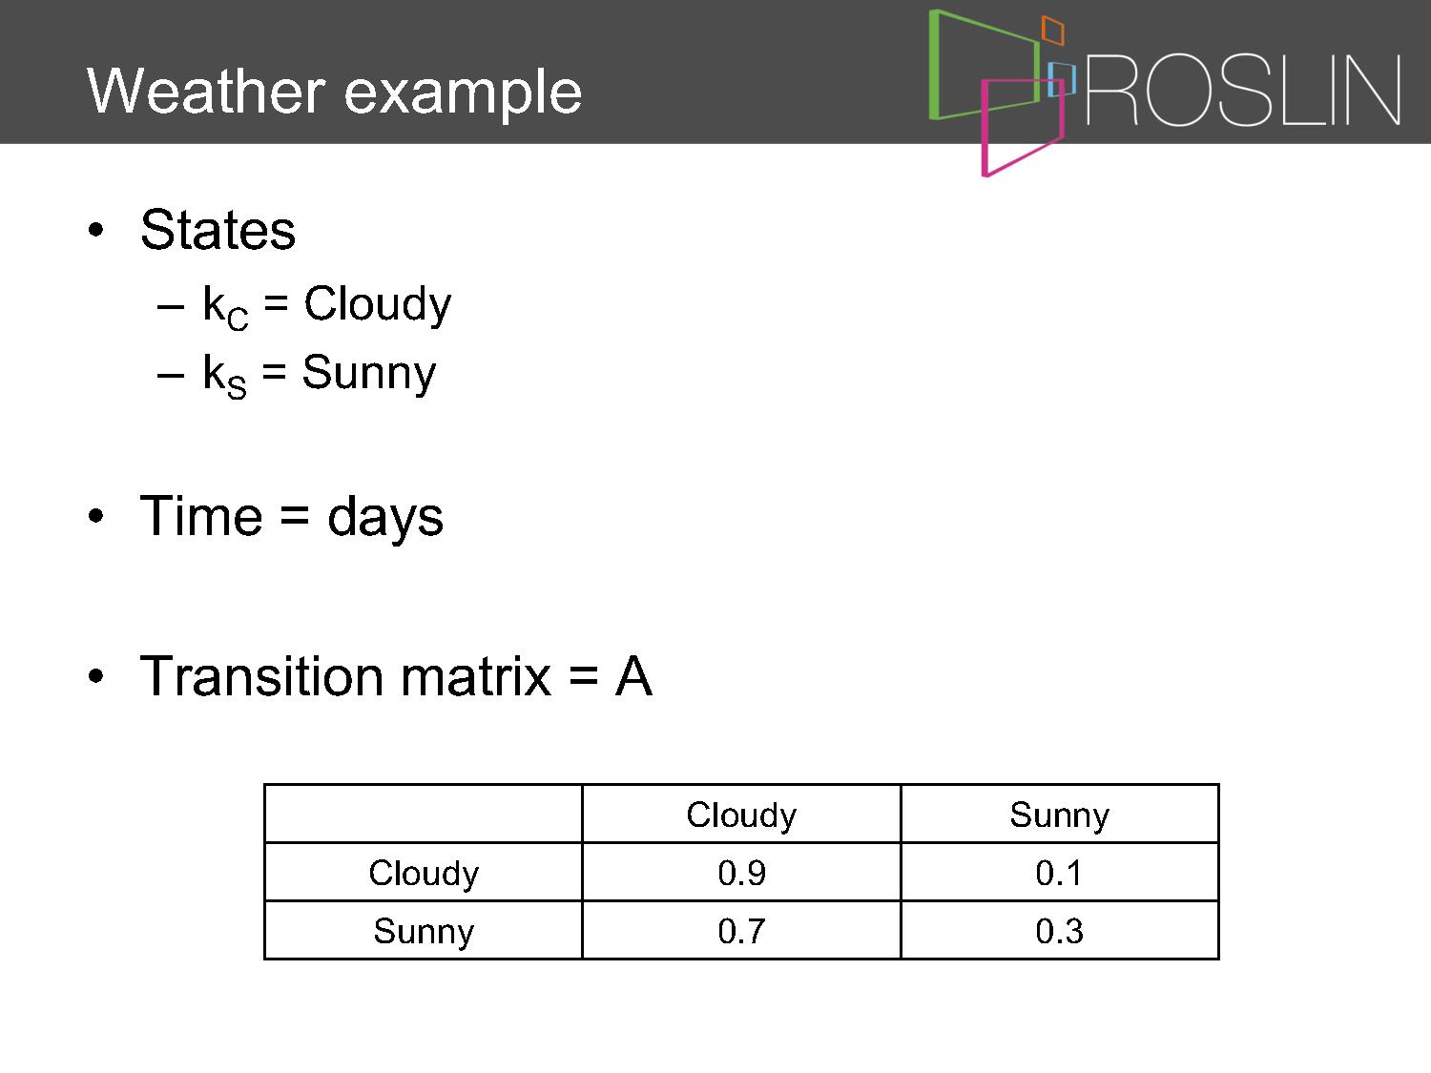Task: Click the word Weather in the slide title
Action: coord(205,91)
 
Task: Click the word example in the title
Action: coord(463,95)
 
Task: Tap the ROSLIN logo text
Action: coord(1243,90)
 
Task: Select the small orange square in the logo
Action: coord(1052,30)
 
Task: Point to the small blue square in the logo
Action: coord(1062,79)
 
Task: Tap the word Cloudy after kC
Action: coord(378,305)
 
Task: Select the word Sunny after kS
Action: coord(369,374)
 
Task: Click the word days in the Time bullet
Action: coord(385,517)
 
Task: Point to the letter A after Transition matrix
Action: coord(633,676)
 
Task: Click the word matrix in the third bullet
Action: coord(475,676)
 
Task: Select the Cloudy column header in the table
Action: coord(741,815)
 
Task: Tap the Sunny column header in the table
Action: coord(1059,815)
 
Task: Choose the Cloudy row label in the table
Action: coord(424,874)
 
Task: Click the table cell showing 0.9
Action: coord(741,873)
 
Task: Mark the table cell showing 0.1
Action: coord(1059,873)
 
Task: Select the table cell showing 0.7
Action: coord(741,930)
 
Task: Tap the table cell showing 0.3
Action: coord(1059,930)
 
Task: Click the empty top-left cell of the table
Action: coord(424,814)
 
